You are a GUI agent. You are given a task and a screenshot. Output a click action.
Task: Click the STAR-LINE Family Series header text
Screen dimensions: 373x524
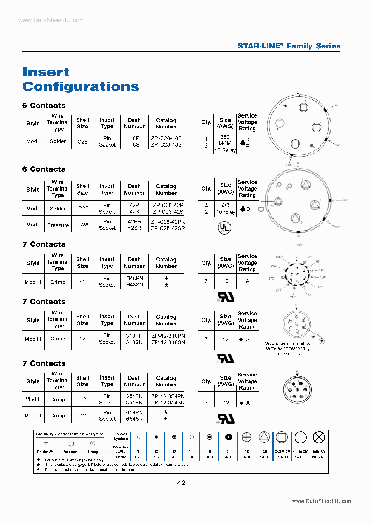coord(289,46)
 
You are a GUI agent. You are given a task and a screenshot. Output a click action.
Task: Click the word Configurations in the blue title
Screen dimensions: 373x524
coord(81,86)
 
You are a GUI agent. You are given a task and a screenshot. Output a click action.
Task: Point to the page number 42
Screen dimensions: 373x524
coord(181,483)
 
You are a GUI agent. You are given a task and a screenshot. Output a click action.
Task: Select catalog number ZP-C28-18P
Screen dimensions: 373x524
coord(166,138)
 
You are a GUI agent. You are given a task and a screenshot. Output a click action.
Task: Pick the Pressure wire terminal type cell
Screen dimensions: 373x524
coord(58,225)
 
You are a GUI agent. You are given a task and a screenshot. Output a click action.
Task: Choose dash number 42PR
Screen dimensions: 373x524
coord(134,222)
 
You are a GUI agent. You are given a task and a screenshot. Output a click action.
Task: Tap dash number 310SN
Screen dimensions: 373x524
coord(134,342)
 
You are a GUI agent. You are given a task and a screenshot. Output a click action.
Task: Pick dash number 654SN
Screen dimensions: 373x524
coord(134,418)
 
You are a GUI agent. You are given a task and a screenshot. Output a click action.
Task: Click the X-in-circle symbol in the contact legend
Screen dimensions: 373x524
coord(321,438)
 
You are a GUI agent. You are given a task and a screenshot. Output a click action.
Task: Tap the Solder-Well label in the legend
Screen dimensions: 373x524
coord(45,452)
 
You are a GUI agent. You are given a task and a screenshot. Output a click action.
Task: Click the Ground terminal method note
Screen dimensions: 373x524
coord(288,348)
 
